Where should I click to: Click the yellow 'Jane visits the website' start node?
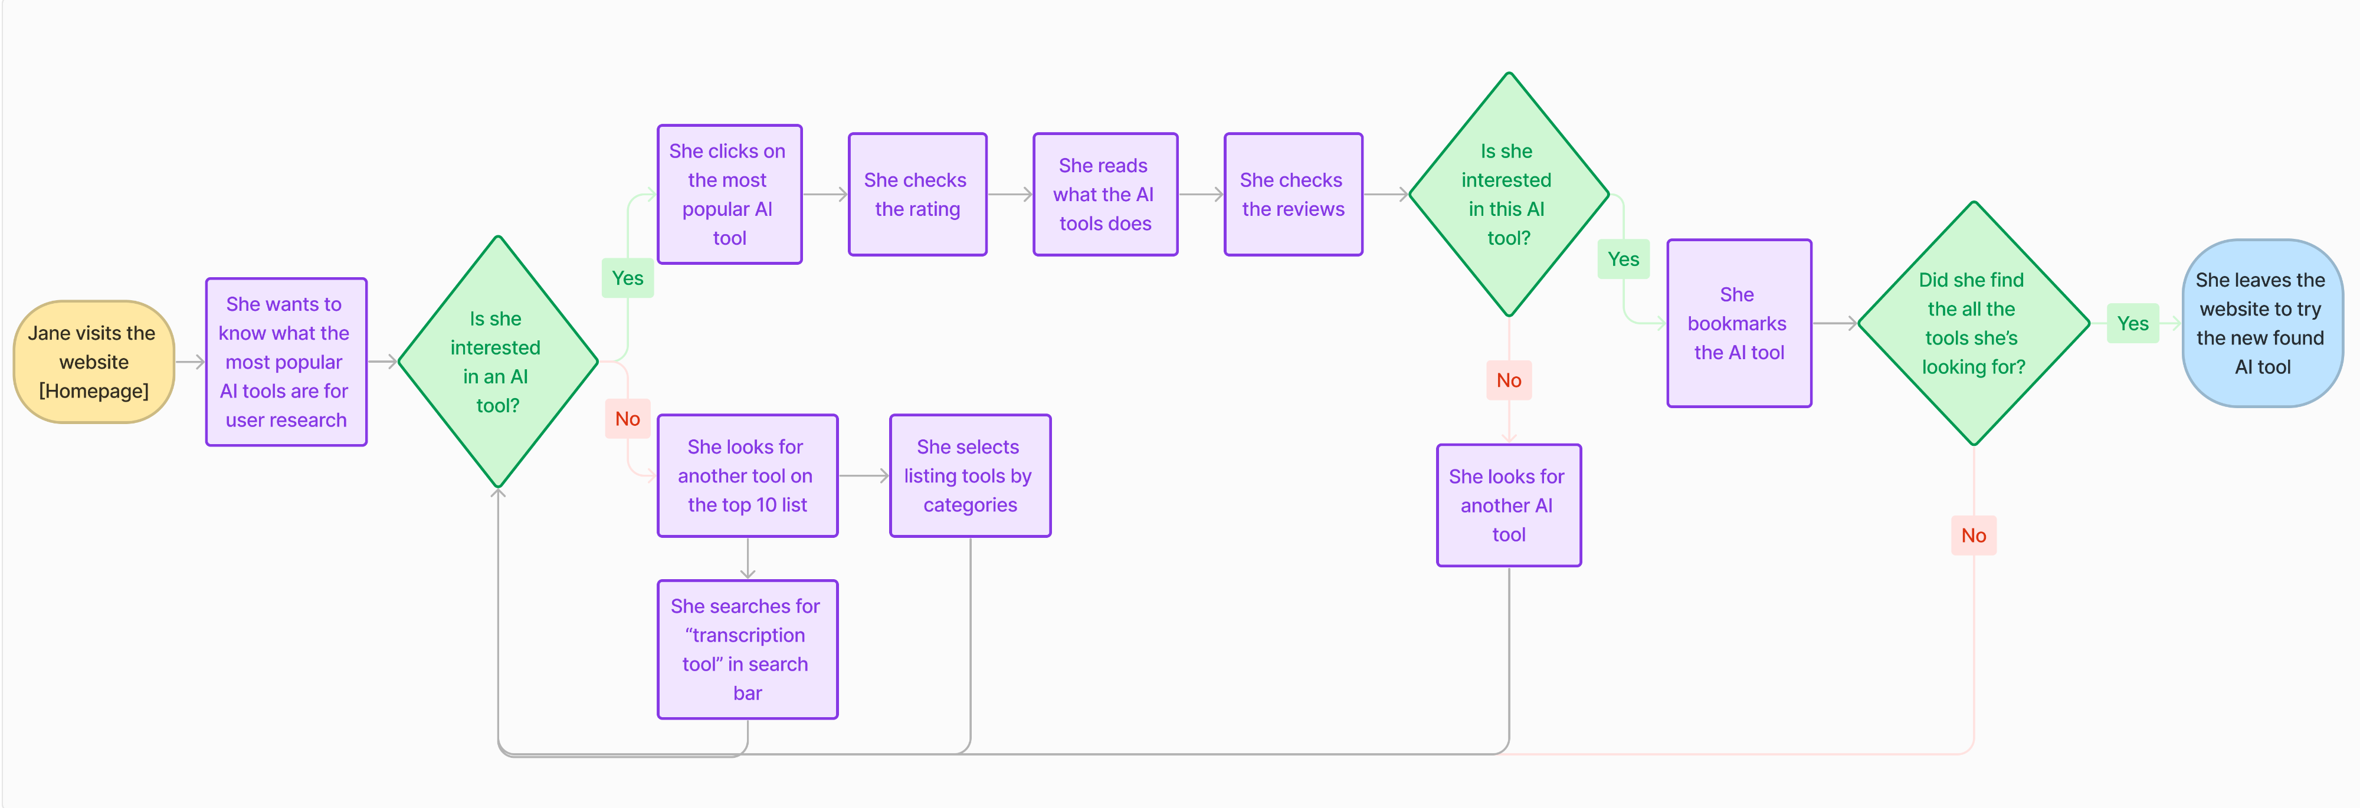(93, 362)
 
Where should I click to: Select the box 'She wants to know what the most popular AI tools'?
(286, 362)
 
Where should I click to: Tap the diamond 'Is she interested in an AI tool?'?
(497, 362)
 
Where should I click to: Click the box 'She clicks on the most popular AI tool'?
(729, 194)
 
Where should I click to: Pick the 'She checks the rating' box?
(917, 194)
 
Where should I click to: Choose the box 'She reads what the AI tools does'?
(1105, 194)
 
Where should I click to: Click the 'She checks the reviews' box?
(1293, 194)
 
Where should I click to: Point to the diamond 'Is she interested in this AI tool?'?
(1508, 194)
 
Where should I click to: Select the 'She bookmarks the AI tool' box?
(1739, 323)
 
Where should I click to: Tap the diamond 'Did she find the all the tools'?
(1974, 323)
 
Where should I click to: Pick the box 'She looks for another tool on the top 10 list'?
(747, 475)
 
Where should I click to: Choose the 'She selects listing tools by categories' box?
(969, 475)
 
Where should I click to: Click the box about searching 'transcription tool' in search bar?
(747, 649)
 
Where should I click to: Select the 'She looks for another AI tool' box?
(1508, 505)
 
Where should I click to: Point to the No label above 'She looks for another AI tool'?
(1508, 380)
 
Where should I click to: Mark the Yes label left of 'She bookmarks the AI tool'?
(1622, 260)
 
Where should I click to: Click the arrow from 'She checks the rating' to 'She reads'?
(1009, 194)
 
